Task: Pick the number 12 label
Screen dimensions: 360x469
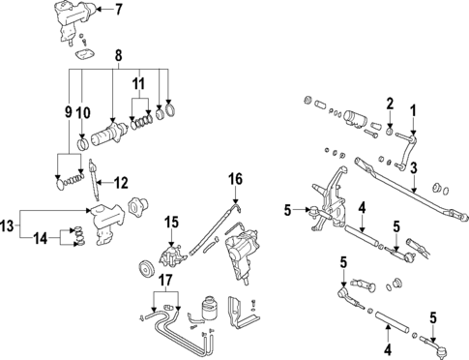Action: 121,182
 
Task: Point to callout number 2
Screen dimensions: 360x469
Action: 389,103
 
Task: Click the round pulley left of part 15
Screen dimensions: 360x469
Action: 146,268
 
